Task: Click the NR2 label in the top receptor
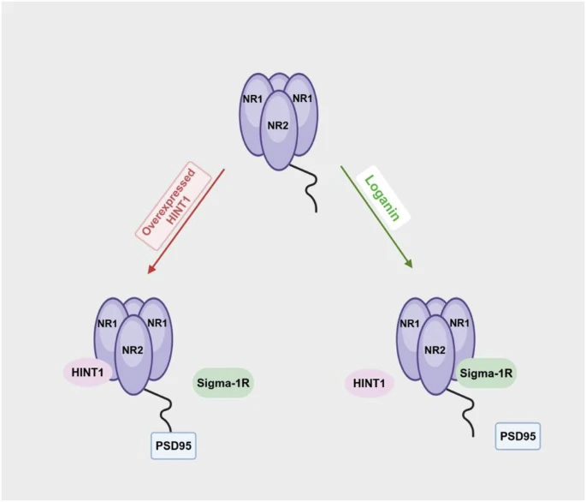pos(277,126)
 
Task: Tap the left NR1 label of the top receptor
pos(252,99)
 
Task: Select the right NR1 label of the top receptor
pos(302,99)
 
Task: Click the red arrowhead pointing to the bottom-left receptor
pos(151,270)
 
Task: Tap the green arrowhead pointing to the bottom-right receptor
pos(409,265)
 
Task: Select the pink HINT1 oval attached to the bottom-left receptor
pos(86,373)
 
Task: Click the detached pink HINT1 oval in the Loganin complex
pos(369,383)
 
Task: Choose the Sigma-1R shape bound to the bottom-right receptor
pos(486,374)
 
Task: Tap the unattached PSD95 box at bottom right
pos(518,436)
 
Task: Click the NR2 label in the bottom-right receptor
pos(435,350)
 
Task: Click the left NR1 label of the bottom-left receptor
pos(107,323)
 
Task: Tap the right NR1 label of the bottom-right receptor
pos(460,323)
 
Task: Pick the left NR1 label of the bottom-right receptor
pos(411,323)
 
